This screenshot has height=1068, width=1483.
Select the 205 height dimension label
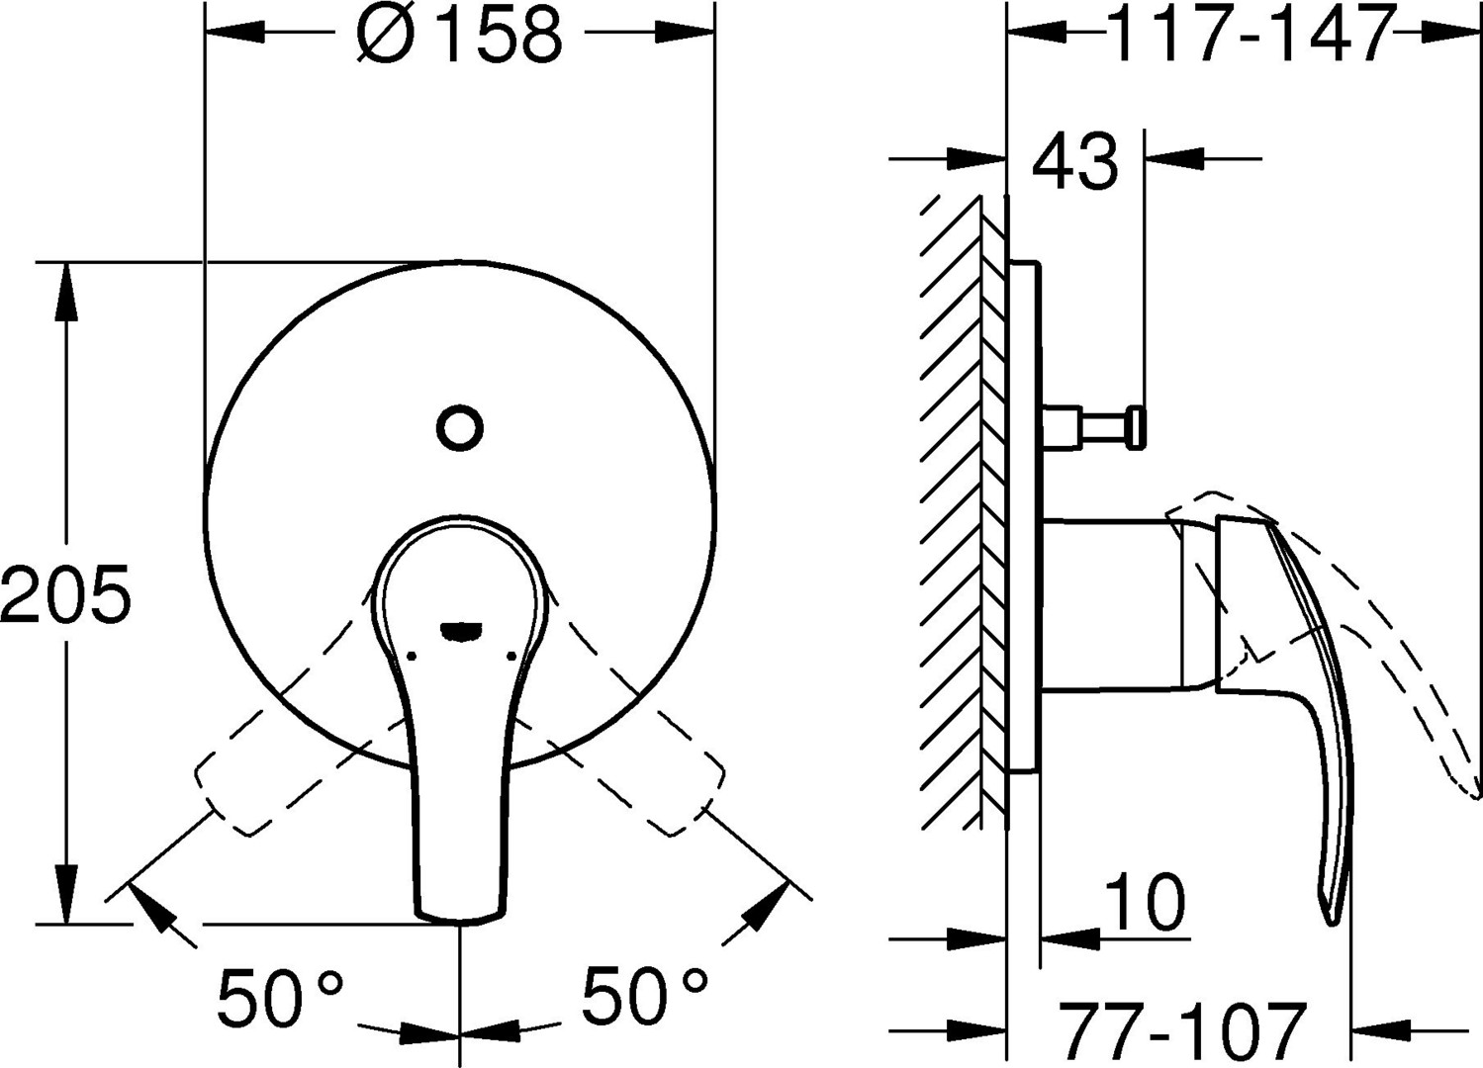[65, 593]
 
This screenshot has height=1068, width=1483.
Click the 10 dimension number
[1145, 901]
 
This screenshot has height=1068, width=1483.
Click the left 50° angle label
[280, 996]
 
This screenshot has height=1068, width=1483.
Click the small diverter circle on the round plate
[459, 428]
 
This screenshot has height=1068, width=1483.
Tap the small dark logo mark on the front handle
[461, 631]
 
